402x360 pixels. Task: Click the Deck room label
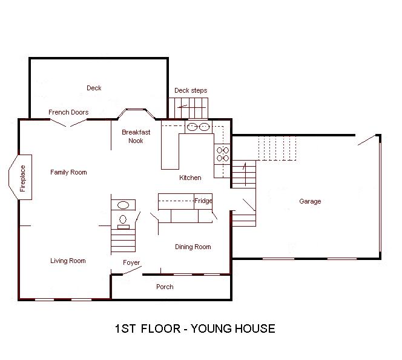(x=94, y=88)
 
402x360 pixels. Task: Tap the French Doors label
(x=68, y=112)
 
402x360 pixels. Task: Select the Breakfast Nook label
(x=136, y=136)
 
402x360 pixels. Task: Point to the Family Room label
(x=68, y=172)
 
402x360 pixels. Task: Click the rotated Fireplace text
(x=23, y=178)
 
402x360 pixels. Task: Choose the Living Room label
(x=68, y=261)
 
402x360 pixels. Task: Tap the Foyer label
(x=131, y=263)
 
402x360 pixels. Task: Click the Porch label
(x=165, y=287)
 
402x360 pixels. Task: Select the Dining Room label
(x=193, y=247)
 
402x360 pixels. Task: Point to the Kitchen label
(x=190, y=178)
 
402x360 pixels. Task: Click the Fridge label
(x=202, y=201)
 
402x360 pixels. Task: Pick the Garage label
(x=310, y=202)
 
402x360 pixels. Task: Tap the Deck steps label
(x=191, y=91)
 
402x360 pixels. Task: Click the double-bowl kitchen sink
(x=198, y=127)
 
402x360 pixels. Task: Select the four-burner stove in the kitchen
(x=222, y=153)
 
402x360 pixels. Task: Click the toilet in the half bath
(x=123, y=219)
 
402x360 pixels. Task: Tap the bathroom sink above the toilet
(x=123, y=205)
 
